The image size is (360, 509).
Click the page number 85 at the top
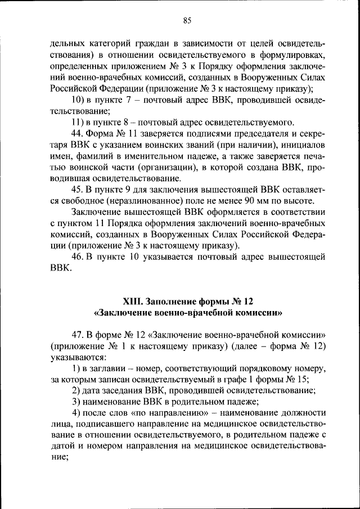[187, 21]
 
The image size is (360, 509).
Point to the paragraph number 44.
[77, 133]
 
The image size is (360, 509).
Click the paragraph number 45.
[77, 190]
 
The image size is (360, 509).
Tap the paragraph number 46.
[77, 257]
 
